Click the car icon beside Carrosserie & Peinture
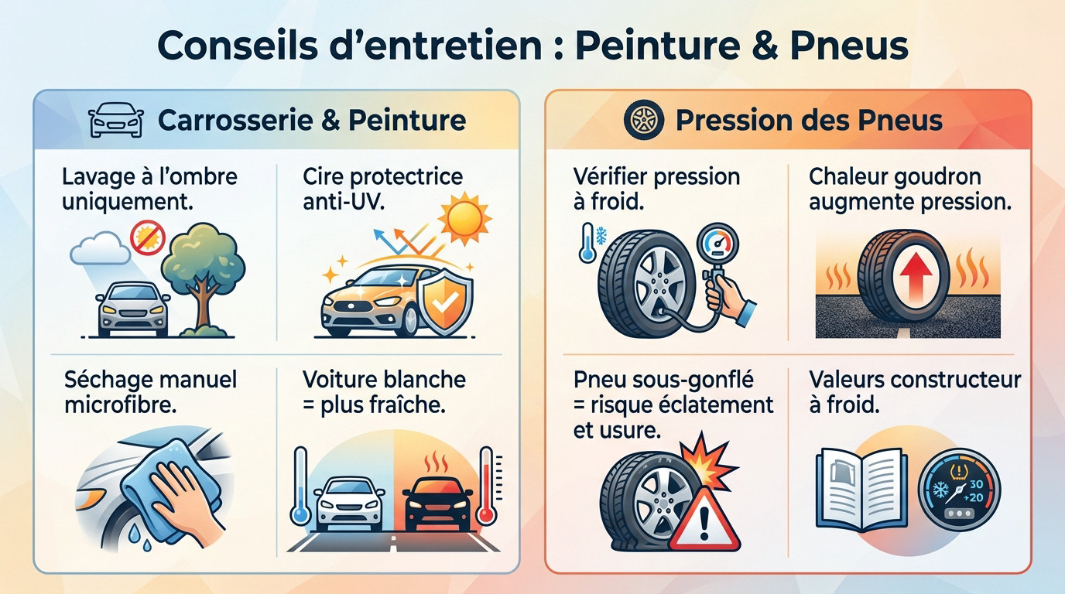pos(116,121)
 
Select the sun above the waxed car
pos(464,220)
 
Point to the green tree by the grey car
pos(204,263)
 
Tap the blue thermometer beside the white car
pos(300,487)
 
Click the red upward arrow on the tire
pos(910,285)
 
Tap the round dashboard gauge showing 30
pos(958,492)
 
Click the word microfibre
pos(120,405)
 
